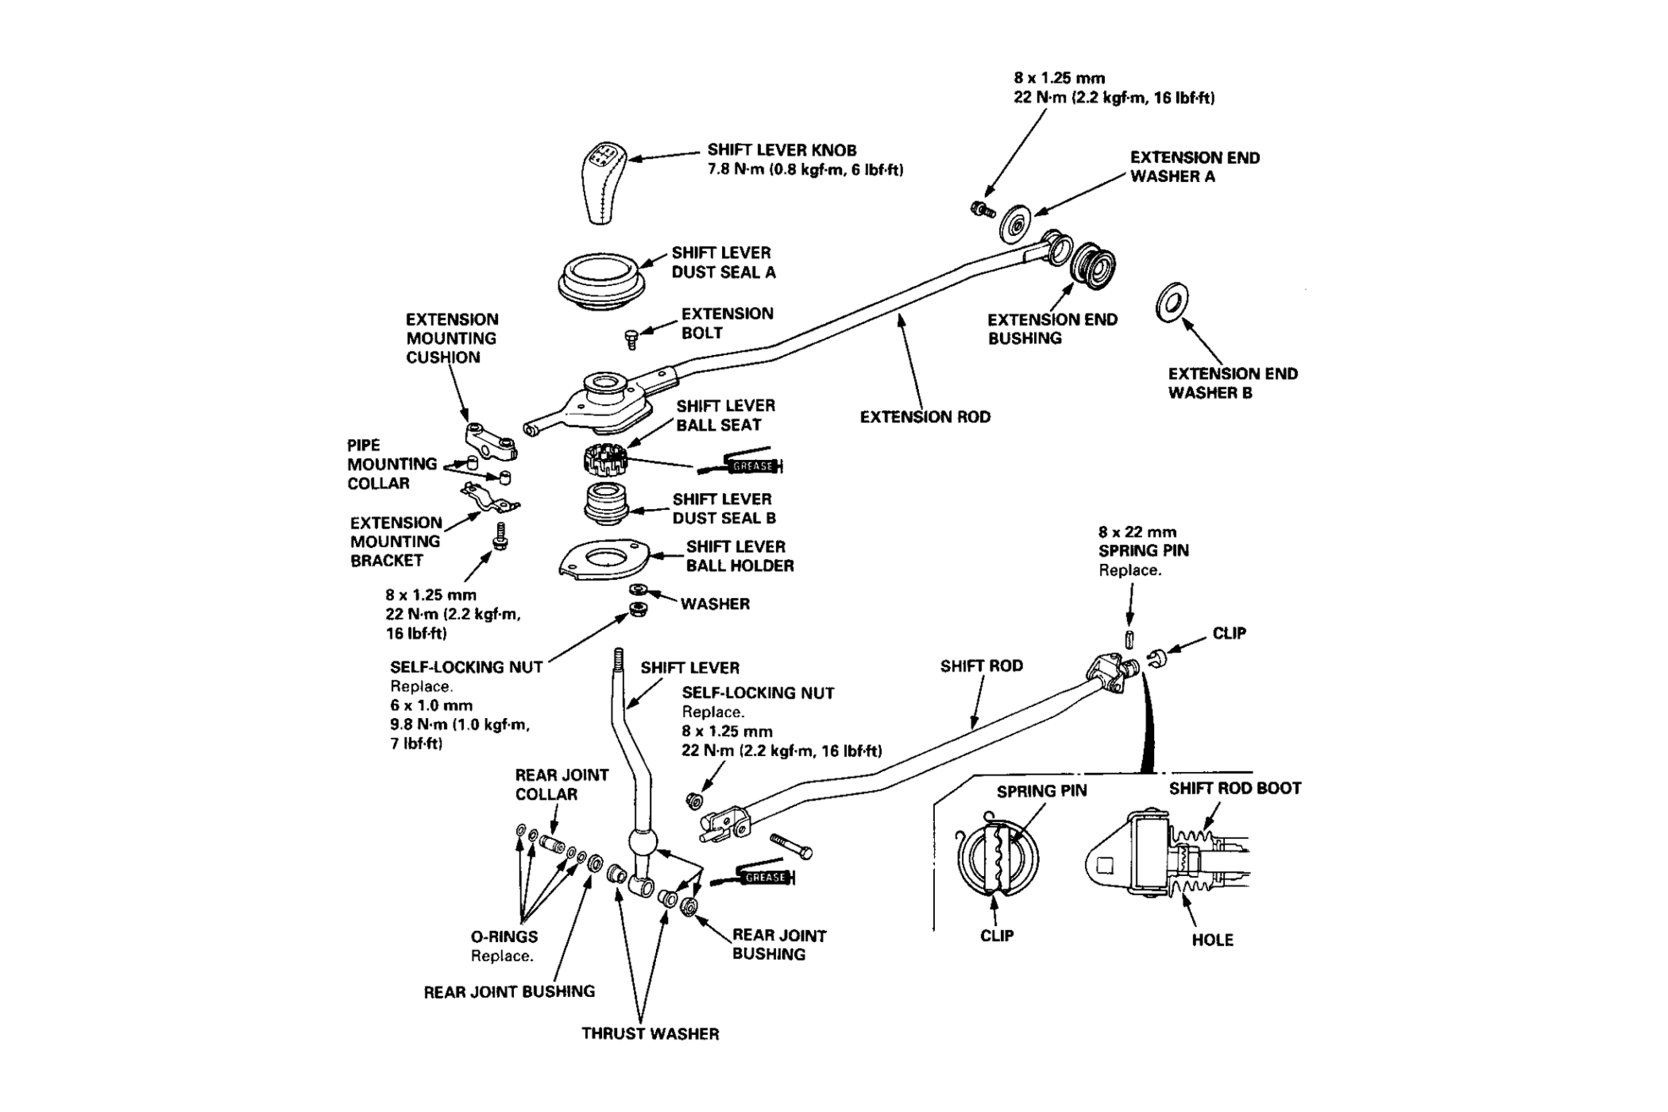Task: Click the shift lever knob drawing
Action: (x=602, y=183)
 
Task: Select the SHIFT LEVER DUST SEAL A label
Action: (x=723, y=263)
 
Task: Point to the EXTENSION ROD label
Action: (x=925, y=417)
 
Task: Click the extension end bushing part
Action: (x=1092, y=264)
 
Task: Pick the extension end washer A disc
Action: (x=1016, y=225)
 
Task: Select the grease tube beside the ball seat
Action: (x=741, y=465)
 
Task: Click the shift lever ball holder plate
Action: (x=604, y=560)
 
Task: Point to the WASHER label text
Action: (x=715, y=605)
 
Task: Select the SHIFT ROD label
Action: (x=981, y=666)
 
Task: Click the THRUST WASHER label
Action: (x=650, y=1034)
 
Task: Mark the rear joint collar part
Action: (x=553, y=844)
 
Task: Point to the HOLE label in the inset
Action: (x=1212, y=941)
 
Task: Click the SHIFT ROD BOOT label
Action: (x=1235, y=789)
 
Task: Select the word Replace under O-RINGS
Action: (x=502, y=956)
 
